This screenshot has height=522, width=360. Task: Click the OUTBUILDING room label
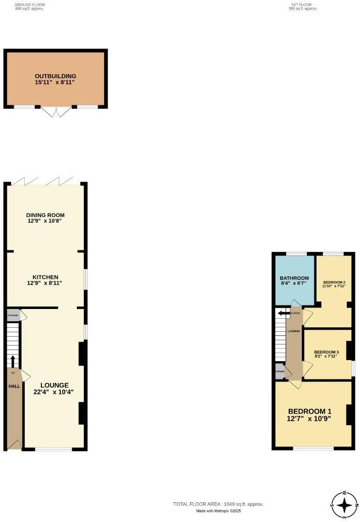coord(56,76)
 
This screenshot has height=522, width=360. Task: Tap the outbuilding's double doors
coord(56,112)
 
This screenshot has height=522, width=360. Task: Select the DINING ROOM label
coord(46,215)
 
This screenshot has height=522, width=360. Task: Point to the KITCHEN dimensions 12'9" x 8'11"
coord(46,284)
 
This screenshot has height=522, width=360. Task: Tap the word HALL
coord(14,386)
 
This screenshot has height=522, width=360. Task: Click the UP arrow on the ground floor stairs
coord(13,361)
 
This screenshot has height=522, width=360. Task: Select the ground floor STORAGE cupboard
coord(13,316)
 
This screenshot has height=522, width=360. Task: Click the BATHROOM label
coord(294,278)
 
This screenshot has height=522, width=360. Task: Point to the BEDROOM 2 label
coord(334,282)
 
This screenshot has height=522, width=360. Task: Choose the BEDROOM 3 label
coord(327,352)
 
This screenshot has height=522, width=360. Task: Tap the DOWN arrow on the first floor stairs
coord(281,313)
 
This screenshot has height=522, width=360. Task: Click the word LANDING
coord(294,331)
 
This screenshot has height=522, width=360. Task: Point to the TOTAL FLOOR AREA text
coord(218,504)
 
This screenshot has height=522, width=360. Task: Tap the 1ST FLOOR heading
coord(303,5)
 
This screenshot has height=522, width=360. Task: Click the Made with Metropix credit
coord(219,511)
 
